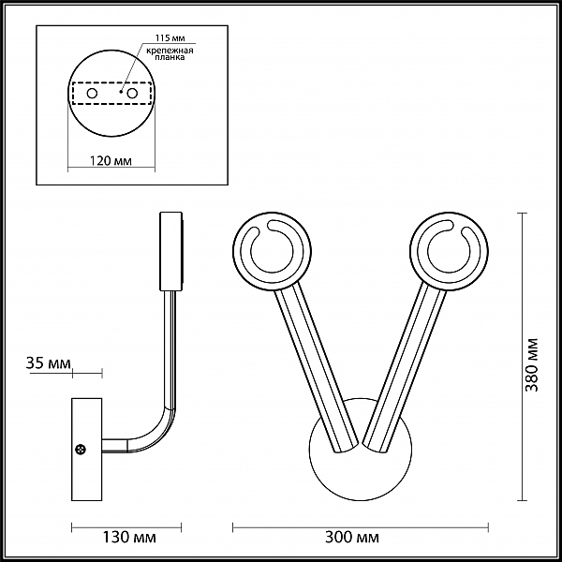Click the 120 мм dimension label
[x=111, y=161]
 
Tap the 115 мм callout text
[x=170, y=38]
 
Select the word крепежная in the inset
[x=170, y=51]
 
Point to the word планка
[x=170, y=57]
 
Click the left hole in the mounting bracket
[x=92, y=94]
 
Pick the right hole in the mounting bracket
[x=132, y=94]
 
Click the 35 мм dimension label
[x=49, y=363]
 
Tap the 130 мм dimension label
[x=129, y=538]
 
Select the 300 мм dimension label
[x=352, y=538]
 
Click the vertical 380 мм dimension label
[x=531, y=365]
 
